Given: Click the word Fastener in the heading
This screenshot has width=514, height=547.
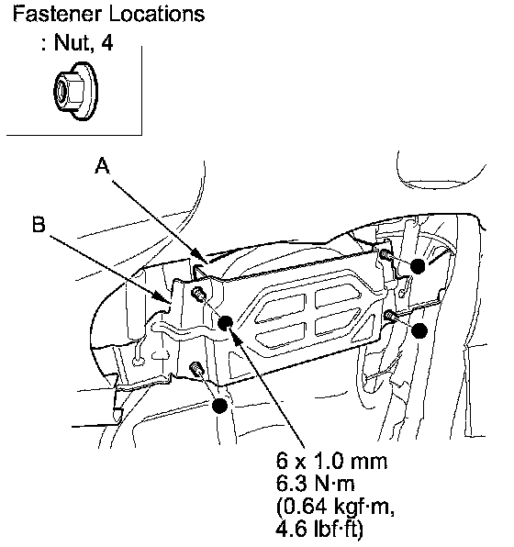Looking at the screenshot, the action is [x=57, y=15].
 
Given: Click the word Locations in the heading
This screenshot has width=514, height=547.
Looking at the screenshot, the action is [x=157, y=15].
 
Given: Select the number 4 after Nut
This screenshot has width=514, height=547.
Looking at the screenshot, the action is [x=107, y=43].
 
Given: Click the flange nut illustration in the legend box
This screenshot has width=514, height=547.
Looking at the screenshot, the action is [x=75, y=91].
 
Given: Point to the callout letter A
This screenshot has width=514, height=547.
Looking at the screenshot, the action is [x=102, y=165].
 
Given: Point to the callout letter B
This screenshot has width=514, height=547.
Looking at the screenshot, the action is [x=39, y=224].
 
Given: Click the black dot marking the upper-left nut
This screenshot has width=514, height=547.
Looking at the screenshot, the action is [x=225, y=323].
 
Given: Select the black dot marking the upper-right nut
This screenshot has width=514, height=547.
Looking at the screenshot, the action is [x=418, y=266].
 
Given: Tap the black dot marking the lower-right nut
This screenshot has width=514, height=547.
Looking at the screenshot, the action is [x=419, y=330].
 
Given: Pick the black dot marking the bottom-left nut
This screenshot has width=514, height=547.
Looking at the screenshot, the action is [x=220, y=406].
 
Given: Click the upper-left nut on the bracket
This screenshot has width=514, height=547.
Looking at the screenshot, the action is [x=198, y=294].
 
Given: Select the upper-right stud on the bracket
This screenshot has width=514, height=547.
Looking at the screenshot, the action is [x=385, y=254].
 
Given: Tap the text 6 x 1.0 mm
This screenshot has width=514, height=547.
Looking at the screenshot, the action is [x=332, y=461].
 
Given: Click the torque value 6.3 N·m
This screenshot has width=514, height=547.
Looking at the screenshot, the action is [x=316, y=484].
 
